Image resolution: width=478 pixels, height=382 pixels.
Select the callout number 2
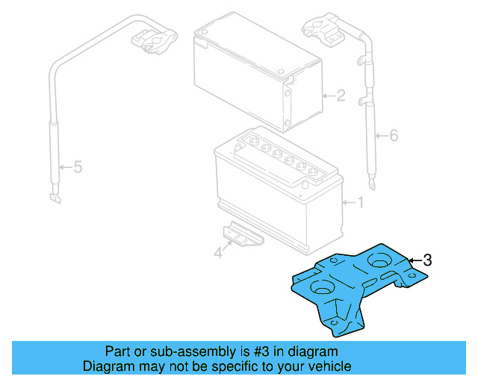coord(340,95)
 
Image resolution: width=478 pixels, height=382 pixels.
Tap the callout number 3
coord(427,260)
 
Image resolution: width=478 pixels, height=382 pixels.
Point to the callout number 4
coord(218,254)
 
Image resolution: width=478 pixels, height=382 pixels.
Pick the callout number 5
coord(77,168)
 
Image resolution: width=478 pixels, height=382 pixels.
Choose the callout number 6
coord(394,135)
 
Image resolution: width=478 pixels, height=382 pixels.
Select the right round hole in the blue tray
coord(378,262)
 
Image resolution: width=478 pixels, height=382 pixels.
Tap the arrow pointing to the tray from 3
coord(415,260)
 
